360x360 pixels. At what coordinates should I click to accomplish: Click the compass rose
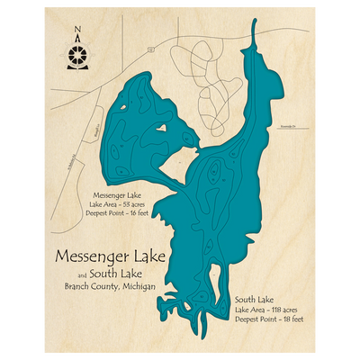click(77, 56)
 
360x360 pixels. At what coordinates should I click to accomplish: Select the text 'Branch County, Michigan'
click(109, 285)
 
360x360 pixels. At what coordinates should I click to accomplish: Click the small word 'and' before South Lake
click(83, 274)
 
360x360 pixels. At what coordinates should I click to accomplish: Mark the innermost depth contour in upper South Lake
click(213, 173)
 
